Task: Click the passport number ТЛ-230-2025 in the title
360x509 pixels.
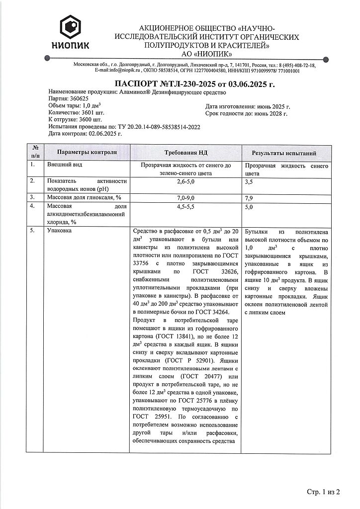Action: (184, 85)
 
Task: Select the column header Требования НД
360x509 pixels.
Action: (186, 153)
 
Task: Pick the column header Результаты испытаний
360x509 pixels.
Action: (284, 153)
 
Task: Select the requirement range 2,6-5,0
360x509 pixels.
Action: (186, 182)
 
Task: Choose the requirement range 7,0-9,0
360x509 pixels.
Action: (186, 198)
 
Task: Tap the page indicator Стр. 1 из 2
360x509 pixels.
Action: (323, 492)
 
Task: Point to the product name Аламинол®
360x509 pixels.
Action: (134, 92)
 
